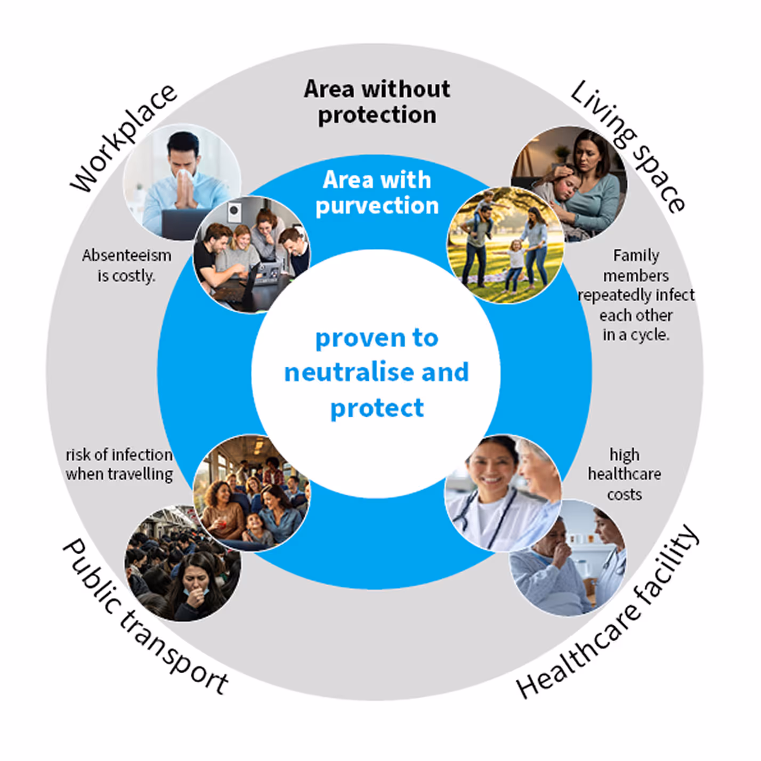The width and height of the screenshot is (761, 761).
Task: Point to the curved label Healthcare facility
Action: point(608,613)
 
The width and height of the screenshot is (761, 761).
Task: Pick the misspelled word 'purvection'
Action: point(377,206)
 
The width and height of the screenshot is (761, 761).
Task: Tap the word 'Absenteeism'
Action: point(127,256)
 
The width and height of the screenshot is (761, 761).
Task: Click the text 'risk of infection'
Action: point(119,455)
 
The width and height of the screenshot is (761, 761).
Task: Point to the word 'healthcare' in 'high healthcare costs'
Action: point(624,474)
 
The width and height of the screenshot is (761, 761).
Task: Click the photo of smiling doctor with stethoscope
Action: point(501,493)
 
